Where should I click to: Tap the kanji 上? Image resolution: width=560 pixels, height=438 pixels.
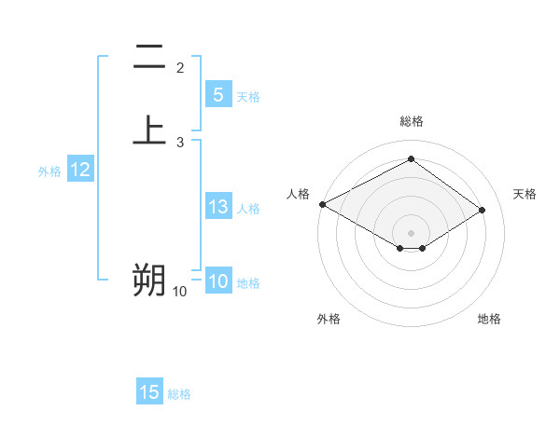[x=149, y=130]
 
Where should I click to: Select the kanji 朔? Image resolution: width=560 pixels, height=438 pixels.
[x=149, y=280]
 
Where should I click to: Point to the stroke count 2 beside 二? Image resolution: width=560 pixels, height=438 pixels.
[x=180, y=68]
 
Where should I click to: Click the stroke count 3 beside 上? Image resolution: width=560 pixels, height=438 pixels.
[x=180, y=142]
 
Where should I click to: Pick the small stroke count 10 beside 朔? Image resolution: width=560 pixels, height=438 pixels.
[x=179, y=292]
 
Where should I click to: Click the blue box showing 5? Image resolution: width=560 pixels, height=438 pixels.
[x=217, y=94]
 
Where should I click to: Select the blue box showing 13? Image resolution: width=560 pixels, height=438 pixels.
[x=217, y=207]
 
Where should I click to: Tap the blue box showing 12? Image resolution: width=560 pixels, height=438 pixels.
[x=80, y=170]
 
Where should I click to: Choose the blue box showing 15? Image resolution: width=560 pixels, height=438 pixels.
[x=149, y=392]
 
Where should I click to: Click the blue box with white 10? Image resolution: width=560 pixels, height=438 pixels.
[x=217, y=282]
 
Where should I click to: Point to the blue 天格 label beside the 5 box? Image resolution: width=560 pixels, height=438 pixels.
[x=248, y=96]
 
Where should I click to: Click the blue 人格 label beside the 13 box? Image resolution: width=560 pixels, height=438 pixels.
[x=248, y=209]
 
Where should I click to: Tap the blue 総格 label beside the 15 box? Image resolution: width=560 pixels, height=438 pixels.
[x=179, y=394]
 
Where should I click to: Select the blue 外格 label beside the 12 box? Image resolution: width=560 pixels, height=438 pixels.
[x=49, y=171]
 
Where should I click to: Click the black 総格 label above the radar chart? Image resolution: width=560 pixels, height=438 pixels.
[x=411, y=121]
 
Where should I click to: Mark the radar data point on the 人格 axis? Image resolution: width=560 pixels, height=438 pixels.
[x=322, y=204]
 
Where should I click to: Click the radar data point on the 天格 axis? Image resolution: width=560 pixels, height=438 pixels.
[x=482, y=210]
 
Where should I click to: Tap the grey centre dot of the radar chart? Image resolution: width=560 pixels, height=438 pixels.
[x=411, y=231]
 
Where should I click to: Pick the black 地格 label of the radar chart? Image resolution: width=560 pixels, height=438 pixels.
[x=489, y=320]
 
